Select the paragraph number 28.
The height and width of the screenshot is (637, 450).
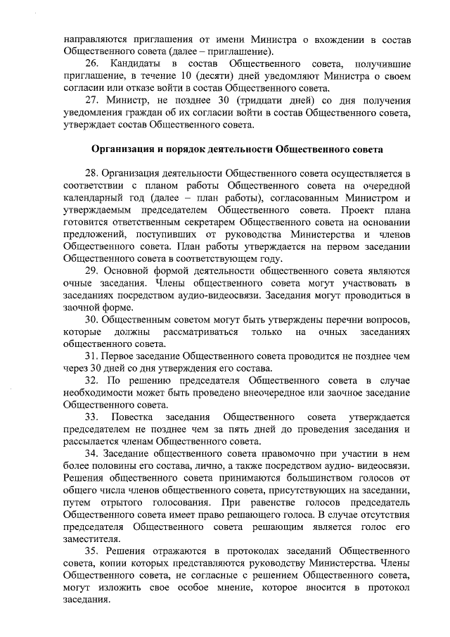pos(92,173)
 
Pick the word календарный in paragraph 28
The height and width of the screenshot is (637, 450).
pos(92,198)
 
